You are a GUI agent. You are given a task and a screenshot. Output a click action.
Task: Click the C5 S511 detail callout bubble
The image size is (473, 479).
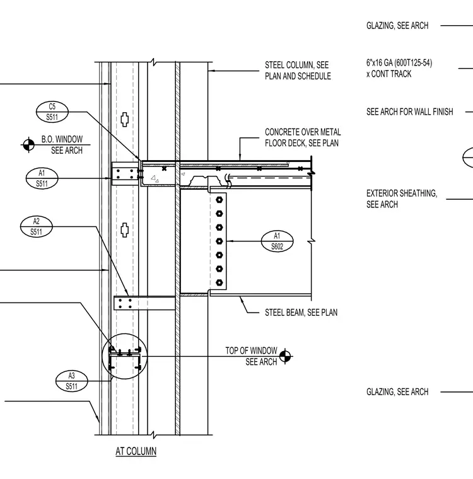(52, 112)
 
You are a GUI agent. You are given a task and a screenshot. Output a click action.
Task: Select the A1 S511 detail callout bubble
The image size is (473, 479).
(42, 178)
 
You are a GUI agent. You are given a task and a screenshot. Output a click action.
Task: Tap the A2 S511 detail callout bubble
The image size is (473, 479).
(37, 226)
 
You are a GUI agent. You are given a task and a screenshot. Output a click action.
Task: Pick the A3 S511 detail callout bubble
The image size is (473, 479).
(71, 381)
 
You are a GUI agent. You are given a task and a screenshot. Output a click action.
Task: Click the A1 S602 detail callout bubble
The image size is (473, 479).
(277, 241)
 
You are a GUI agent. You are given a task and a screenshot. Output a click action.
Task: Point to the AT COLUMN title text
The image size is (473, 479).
(136, 451)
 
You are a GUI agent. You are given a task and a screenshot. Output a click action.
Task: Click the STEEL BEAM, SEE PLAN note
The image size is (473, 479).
(301, 313)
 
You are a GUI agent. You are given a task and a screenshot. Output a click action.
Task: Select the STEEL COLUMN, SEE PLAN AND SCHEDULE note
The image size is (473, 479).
(298, 71)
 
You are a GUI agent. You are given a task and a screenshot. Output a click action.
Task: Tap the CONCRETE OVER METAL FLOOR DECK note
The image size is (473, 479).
(303, 137)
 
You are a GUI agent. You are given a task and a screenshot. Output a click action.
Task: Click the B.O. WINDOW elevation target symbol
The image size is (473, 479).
(29, 144)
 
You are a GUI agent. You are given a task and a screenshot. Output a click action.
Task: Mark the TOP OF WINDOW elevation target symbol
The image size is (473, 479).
(285, 356)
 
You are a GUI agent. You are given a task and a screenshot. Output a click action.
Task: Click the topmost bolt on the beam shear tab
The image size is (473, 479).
(219, 200)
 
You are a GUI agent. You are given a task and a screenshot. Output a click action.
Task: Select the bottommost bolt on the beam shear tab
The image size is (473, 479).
(219, 282)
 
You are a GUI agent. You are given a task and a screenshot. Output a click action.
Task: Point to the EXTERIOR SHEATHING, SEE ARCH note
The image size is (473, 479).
(402, 199)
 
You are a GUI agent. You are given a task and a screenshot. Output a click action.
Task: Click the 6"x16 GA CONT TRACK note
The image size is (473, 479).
(399, 69)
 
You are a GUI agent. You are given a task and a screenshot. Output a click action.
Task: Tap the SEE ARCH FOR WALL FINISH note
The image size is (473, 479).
(410, 112)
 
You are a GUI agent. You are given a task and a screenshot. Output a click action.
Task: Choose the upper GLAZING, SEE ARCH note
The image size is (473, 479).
(397, 26)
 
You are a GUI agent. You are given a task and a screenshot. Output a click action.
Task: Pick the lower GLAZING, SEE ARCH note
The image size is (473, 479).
(397, 391)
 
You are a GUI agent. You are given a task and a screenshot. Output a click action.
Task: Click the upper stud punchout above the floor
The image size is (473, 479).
(124, 119)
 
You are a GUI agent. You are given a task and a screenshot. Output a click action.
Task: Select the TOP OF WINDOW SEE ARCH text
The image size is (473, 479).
(252, 356)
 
